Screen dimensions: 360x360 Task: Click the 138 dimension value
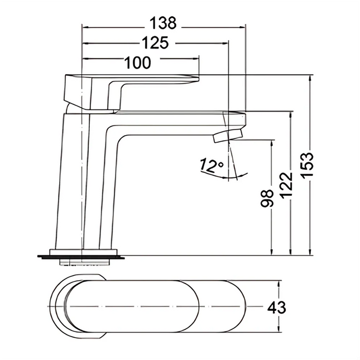point(163,23)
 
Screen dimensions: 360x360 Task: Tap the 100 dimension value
point(137,63)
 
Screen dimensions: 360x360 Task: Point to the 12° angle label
point(212,165)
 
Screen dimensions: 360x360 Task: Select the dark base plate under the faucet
point(82,257)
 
